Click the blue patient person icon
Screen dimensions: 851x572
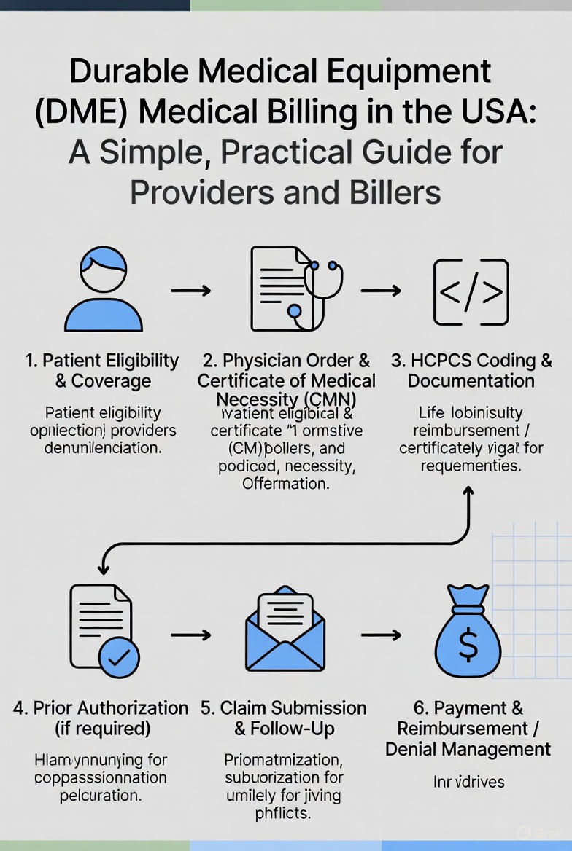[103, 290]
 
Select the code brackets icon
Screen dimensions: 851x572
[471, 291]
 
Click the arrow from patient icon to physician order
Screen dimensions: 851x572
[190, 291]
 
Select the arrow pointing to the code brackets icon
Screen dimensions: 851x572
[381, 291]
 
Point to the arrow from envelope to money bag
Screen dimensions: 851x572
[381, 635]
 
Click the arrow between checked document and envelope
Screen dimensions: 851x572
[190, 635]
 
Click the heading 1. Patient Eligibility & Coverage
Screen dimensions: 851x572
[102, 371]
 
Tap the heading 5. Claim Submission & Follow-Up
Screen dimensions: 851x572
[285, 718]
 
